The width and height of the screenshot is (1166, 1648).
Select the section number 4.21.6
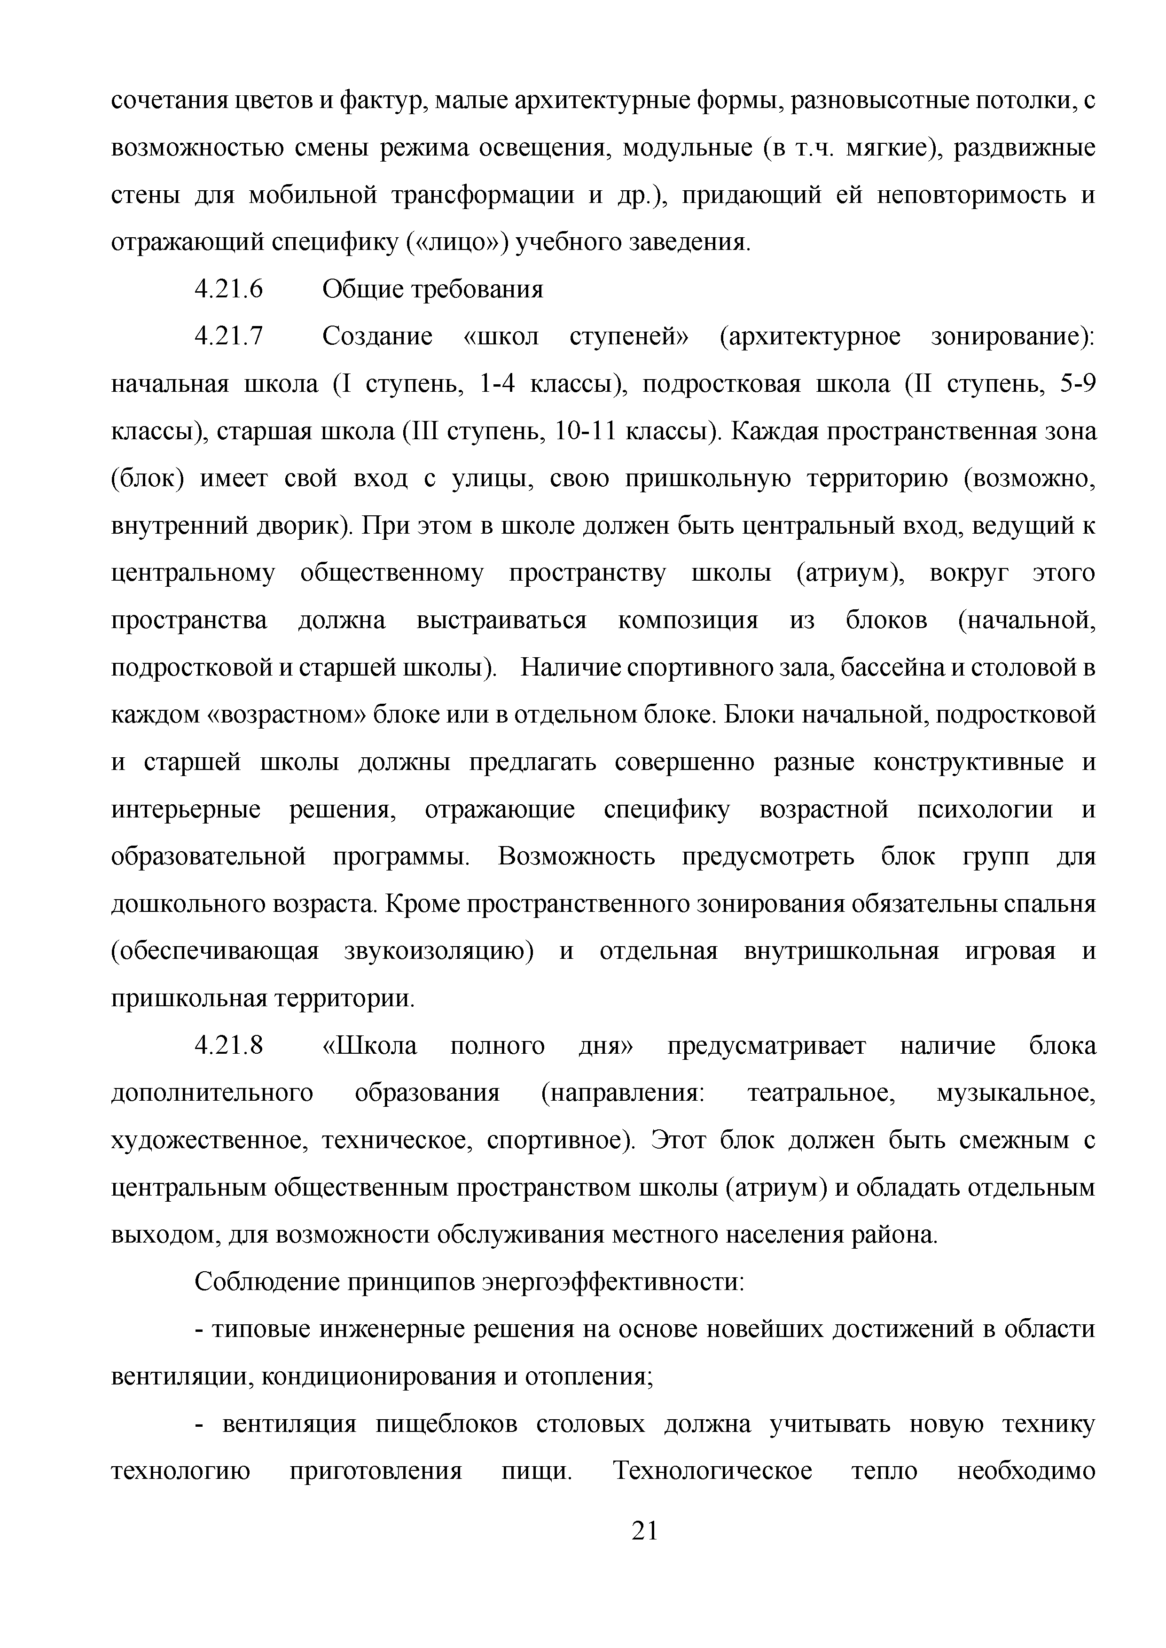(x=229, y=289)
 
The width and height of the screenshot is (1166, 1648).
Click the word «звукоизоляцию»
(x=439, y=951)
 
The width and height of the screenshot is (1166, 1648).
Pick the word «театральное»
(x=822, y=1093)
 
